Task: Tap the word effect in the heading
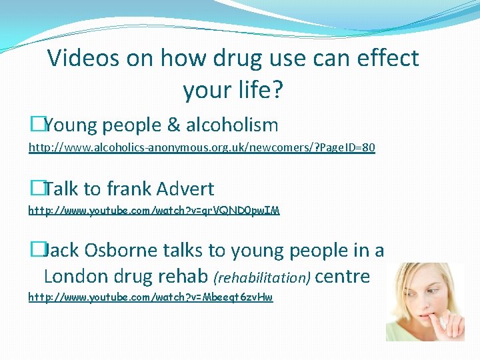click(x=386, y=59)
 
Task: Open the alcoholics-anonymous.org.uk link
click(x=201, y=148)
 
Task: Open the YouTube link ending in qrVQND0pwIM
click(x=154, y=211)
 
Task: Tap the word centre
click(x=342, y=277)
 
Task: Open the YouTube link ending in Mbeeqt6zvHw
click(x=151, y=297)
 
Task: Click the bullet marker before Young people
click(x=35, y=125)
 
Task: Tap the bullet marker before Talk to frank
click(x=35, y=189)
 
